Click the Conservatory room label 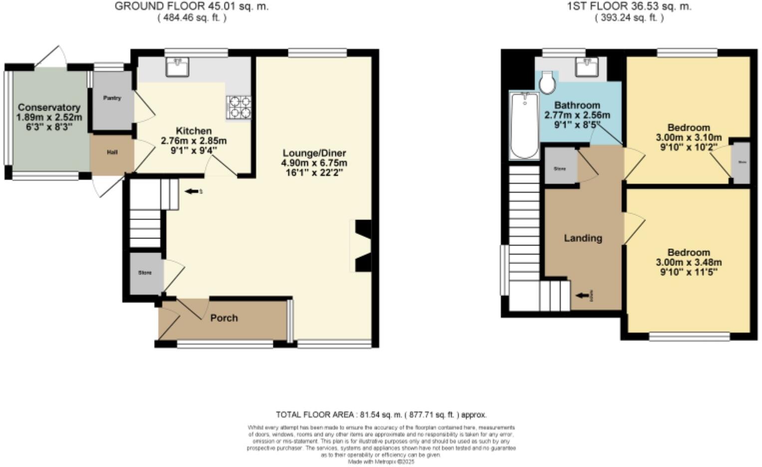(49, 107)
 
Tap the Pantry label (112, 98)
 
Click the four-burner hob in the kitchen (239, 108)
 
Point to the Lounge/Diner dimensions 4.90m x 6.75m (314, 163)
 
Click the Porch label (224, 318)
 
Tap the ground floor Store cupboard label (144, 273)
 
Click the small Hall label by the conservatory (112, 152)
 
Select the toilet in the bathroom (547, 83)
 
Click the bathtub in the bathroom (524, 125)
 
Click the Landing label (583, 238)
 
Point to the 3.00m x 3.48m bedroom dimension (689, 262)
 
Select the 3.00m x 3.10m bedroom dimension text (689, 138)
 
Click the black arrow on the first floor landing (582, 296)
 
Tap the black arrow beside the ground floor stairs (192, 191)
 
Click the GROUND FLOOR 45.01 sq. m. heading (192, 6)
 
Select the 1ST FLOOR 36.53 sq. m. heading (629, 6)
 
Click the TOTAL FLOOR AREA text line (381, 415)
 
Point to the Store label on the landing (560, 169)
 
